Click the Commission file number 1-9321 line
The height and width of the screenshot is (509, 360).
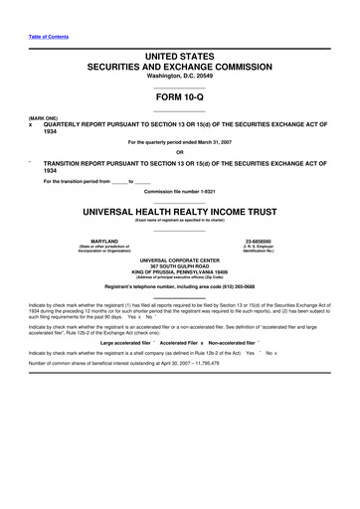(180, 191)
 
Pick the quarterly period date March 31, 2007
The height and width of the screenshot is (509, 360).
(231, 142)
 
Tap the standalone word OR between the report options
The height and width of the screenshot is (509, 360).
(180, 152)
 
